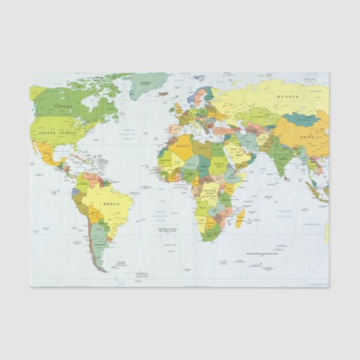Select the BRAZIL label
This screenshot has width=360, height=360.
point(111,202)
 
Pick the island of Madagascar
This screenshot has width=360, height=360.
point(240,217)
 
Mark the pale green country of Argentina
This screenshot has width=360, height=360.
point(98,238)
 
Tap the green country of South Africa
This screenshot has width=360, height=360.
point(213,229)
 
